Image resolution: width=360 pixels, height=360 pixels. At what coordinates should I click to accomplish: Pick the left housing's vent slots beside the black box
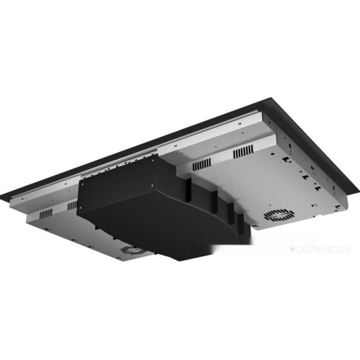[72, 206]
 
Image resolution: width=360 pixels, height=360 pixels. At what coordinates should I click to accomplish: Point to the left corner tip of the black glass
[4, 196]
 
